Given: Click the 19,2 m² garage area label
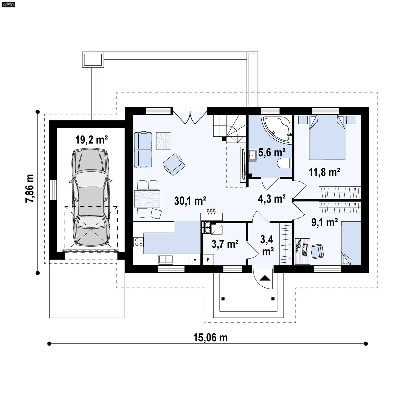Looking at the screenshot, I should click(x=91, y=140).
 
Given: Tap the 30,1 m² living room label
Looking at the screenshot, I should click(x=190, y=201).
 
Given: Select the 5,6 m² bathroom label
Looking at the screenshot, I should click(x=272, y=152).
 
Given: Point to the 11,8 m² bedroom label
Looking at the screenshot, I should click(x=324, y=172).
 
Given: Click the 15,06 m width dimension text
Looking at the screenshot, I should click(x=210, y=338).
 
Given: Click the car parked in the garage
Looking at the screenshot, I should click(x=91, y=197).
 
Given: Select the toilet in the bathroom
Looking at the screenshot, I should click(x=284, y=163).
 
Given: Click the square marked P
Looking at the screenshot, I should click(x=208, y=260).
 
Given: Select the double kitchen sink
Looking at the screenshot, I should click(x=166, y=259).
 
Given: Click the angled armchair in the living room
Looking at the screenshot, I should click(x=174, y=165).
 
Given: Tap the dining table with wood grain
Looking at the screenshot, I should click(x=147, y=199).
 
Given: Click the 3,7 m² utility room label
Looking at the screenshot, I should click(x=225, y=244).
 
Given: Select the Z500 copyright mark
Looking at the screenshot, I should click(x=8, y=5).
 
